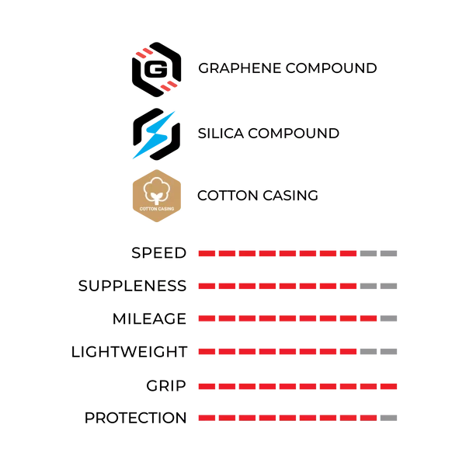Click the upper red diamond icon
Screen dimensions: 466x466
[x=143, y=54]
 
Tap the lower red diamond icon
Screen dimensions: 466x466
[x=169, y=85]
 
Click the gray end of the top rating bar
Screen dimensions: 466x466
[x=381, y=254]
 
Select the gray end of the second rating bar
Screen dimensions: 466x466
[x=381, y=286]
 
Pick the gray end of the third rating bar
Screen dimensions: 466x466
[x=391, y=317]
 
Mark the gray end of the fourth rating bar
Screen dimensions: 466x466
[x=378, y=352]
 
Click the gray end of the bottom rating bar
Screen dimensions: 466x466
[x=391, y=417]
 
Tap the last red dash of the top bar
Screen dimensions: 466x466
[x=349, y=254]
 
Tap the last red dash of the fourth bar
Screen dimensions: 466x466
[x=349, y=352]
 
